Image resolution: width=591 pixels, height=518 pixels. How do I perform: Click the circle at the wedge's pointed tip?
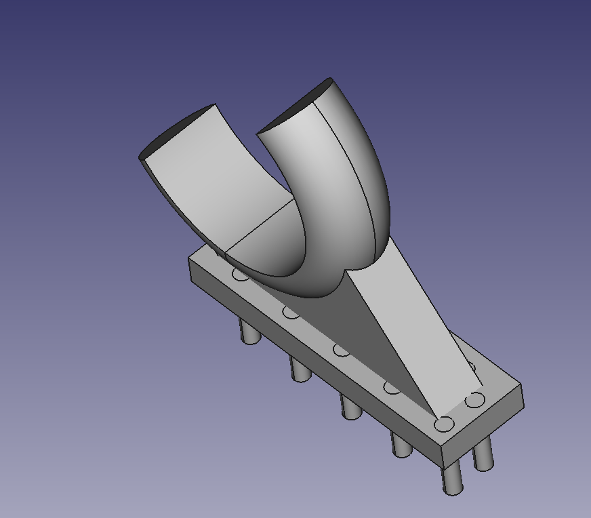[x=443, y=424]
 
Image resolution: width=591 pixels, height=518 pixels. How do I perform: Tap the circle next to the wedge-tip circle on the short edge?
[x=475, y=399]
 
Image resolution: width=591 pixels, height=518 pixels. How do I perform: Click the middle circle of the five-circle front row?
[x=341, y=350]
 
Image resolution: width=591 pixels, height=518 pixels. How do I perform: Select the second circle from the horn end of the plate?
[x=291, y=312]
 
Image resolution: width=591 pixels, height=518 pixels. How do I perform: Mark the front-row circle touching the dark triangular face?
[x=391, y=387]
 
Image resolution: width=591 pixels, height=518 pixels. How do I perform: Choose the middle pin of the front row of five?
[x=350, y=407]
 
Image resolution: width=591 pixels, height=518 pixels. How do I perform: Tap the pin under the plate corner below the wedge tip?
[x=451, y=478]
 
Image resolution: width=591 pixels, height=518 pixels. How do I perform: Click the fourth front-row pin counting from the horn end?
[x=401, y=445]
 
